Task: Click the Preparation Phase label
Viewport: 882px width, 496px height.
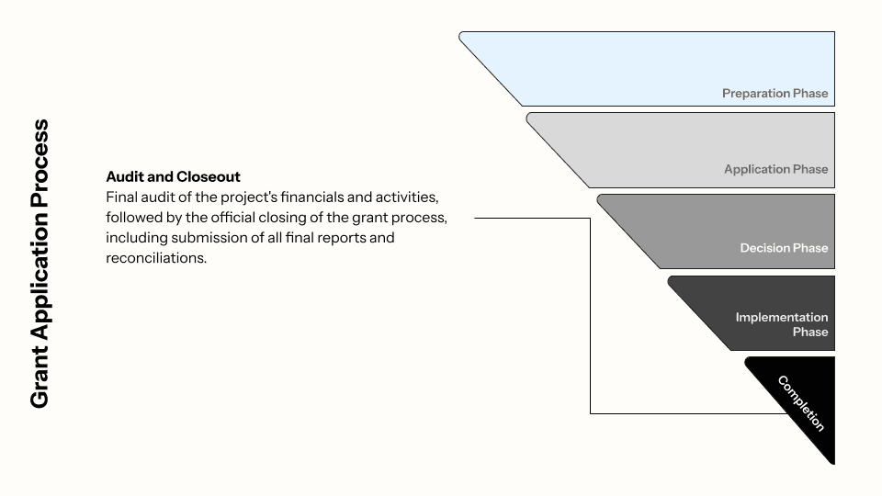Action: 775,93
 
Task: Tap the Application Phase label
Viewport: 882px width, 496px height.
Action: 775,169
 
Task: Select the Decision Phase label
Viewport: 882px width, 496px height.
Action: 784,248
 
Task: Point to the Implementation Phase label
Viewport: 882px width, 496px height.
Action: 782,324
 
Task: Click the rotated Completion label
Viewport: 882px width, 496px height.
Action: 801,403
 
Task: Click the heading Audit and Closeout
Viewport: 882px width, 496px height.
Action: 173,176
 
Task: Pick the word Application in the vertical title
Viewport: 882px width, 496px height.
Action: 39,266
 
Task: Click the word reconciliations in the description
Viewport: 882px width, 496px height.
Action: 156,258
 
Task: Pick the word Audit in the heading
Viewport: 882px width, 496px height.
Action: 124,176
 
